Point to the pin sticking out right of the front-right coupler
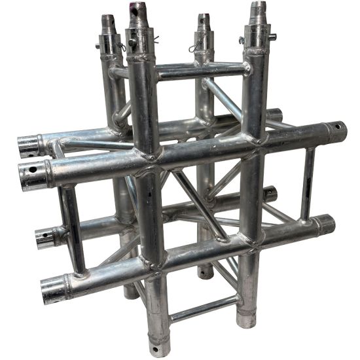(x=242, y=41)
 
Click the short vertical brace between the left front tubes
(x=72, y=229)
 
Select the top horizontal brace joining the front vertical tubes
(x=200, y=71)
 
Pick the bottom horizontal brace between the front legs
(x=203, y=308)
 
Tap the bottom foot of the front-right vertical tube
(x=246, y=321)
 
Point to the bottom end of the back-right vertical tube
(x=207, y=270)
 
